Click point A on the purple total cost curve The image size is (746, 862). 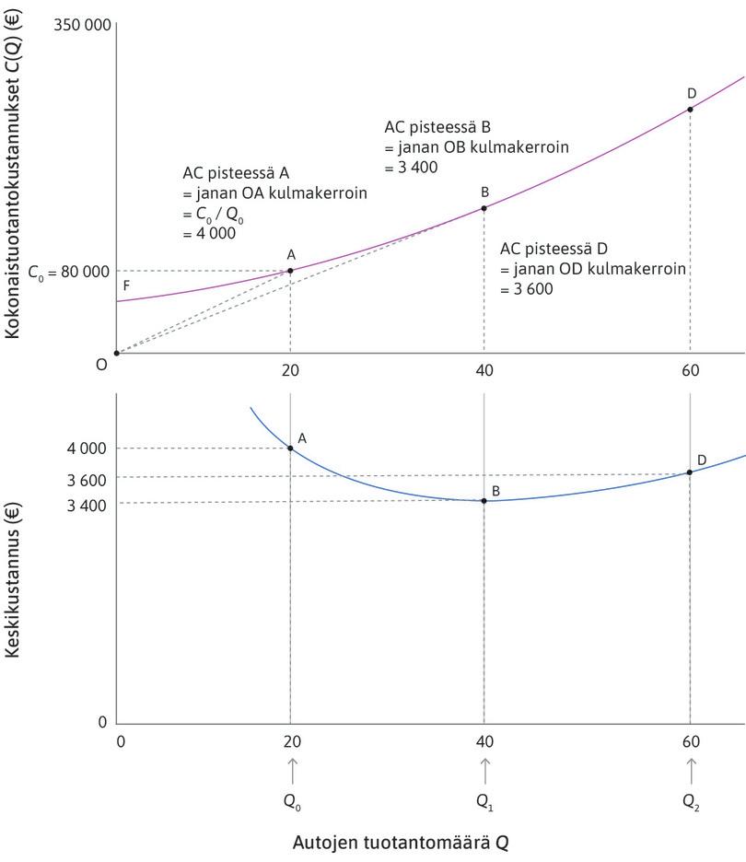[x=290, y=270]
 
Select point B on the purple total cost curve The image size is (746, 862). [x=484, y=208]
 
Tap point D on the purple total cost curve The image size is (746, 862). [x=690, y=109]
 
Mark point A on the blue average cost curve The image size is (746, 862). [x=290, y=448]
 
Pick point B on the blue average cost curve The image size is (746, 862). [x=484, y=500]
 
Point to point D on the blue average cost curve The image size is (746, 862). [x=690, y=472]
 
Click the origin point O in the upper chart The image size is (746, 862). [x=116, y=353]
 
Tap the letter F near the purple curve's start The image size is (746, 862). [x=126, y=285]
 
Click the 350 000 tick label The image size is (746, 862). [x=82, y=24]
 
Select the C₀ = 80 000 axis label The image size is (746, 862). [x=68, y=272]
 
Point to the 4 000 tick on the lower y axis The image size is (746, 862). [x=87, y=448]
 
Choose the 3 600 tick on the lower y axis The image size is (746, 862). [x=87, y=479]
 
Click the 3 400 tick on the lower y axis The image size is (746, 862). [x=87, y=505]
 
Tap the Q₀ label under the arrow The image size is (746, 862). [x=291, y=801]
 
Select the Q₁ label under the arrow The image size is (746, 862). [x=484, y=801]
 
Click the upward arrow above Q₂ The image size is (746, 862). [x=691, y=765]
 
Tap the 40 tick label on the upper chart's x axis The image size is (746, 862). [x=484, y=371]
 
